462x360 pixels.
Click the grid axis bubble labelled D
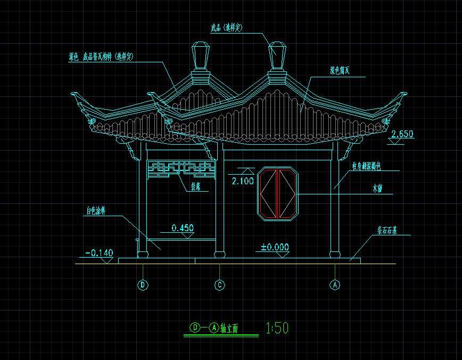point(143,285)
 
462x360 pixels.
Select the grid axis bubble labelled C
point(220,285)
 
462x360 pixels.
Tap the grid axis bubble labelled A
point(335,285)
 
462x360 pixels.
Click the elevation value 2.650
point(402,134)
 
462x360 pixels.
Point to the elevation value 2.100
point(242,181)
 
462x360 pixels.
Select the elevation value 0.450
point(183,228)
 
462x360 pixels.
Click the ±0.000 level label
point(275,247)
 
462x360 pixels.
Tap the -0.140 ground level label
point(100,253)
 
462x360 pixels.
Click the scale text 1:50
point(277,328)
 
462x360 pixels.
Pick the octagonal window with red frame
point(278,193)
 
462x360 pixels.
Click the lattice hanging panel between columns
point(180,169)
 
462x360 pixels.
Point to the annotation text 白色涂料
point(96,211)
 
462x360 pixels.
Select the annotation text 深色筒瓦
point(340,70)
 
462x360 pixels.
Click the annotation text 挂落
point(195,186)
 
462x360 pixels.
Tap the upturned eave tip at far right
point(404,96)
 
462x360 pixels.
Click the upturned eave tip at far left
point(75,96)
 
